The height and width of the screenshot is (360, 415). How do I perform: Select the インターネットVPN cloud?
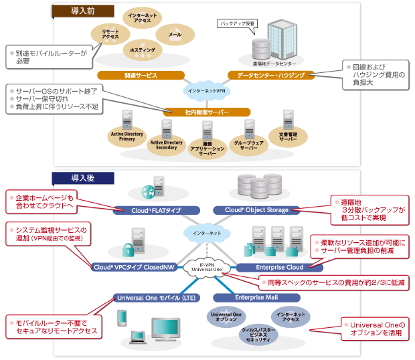click(206, 89)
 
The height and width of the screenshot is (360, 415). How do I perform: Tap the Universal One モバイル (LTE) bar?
click(151, 297)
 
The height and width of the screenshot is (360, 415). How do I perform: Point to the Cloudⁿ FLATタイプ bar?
click(151, 210)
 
